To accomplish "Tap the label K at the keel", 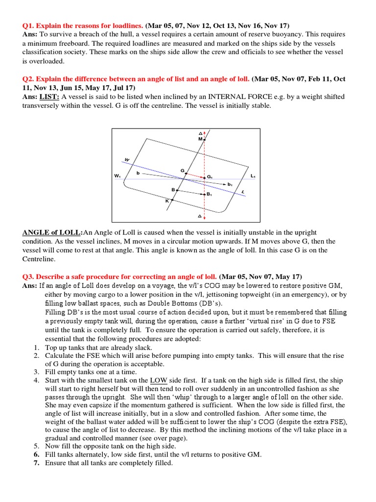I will pos(166,201).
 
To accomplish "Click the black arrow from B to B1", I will pos(190,192).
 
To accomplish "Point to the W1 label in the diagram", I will pos(117,176).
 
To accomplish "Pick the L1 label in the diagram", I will pos(253,176).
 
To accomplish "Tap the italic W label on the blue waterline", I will pos(127,160).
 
